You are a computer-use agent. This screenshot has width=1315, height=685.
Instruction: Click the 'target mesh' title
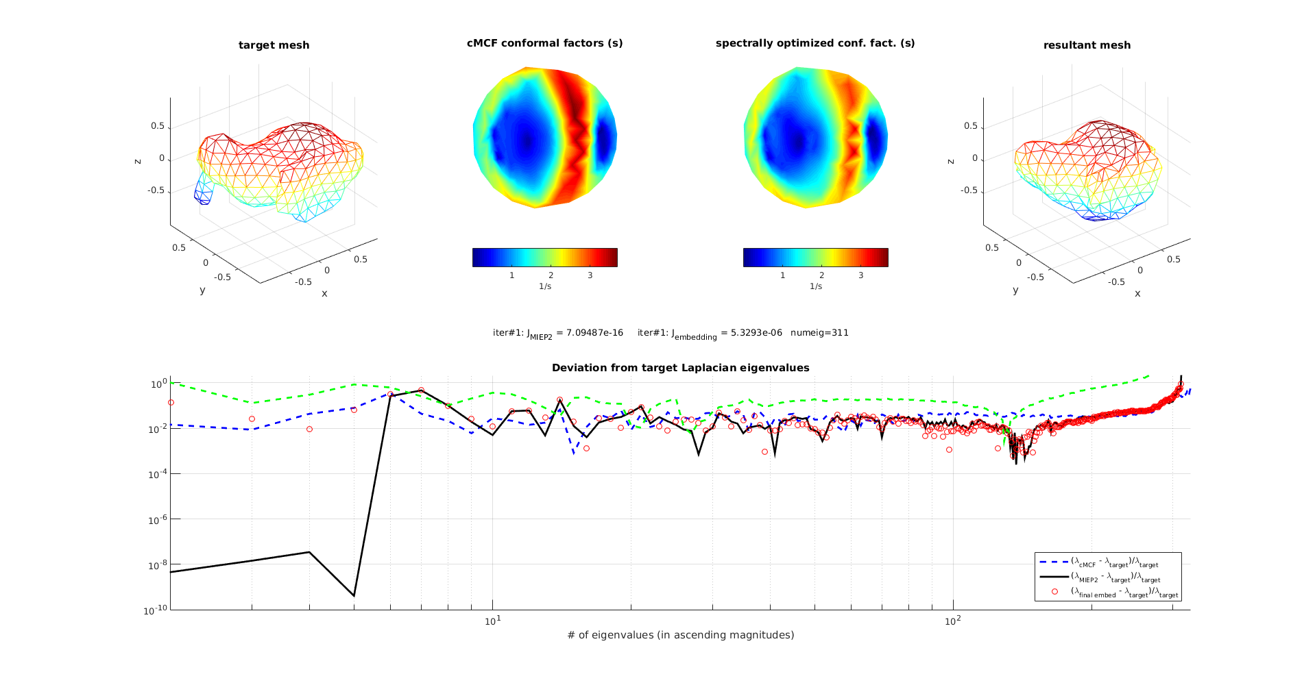(x=274, y=45)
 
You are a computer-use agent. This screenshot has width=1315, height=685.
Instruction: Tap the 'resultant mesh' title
(x=1087, y=45)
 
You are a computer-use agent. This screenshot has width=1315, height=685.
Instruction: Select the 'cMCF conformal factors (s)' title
(x=544, y=43)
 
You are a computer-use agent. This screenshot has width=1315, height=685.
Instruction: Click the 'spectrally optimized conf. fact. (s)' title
(x=815, y=43)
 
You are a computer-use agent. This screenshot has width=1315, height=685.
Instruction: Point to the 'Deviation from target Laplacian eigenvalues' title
(x=680, y=368)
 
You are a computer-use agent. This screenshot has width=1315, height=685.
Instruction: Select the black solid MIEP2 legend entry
(x=1114, y=578)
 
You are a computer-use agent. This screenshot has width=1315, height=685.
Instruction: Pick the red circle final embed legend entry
(x=1124, y=593)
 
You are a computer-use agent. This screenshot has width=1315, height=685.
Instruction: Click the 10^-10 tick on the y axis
(x=154, y=610)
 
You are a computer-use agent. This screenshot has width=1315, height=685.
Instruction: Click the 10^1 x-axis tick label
(x=492, y=621)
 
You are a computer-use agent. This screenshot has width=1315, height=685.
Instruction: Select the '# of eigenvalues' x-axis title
(x=680, y=635)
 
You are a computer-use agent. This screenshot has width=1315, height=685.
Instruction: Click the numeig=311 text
(x=819, y=333)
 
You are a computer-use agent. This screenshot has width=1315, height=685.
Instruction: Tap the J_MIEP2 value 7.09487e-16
(x=589, y=333)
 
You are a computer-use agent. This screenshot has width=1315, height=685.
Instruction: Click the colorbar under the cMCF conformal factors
(x=544, y=257)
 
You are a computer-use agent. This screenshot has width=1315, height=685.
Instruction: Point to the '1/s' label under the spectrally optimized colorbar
(x=815, y=286)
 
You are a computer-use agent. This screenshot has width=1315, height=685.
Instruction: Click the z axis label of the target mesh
(x=138, y=161)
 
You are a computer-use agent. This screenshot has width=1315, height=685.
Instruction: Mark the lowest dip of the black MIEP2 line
(x=354, y=595)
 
